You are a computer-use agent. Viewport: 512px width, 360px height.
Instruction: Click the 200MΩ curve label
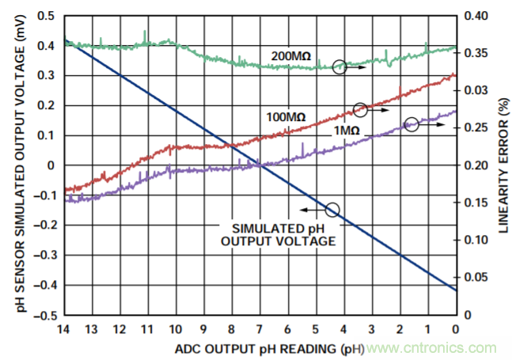point(290,55)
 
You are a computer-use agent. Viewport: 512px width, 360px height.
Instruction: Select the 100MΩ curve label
point(286,117)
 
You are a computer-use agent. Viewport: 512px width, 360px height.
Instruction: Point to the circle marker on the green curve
point(339,68)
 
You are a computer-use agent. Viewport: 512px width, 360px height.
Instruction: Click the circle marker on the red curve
point(360,110)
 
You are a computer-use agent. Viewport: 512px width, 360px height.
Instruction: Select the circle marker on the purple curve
point(411,124)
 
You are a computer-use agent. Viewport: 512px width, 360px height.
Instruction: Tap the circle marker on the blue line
point(332,210)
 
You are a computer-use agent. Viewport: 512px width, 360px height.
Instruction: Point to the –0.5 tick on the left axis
point(44,314)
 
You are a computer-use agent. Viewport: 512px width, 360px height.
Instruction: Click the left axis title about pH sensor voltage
point(12,165)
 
